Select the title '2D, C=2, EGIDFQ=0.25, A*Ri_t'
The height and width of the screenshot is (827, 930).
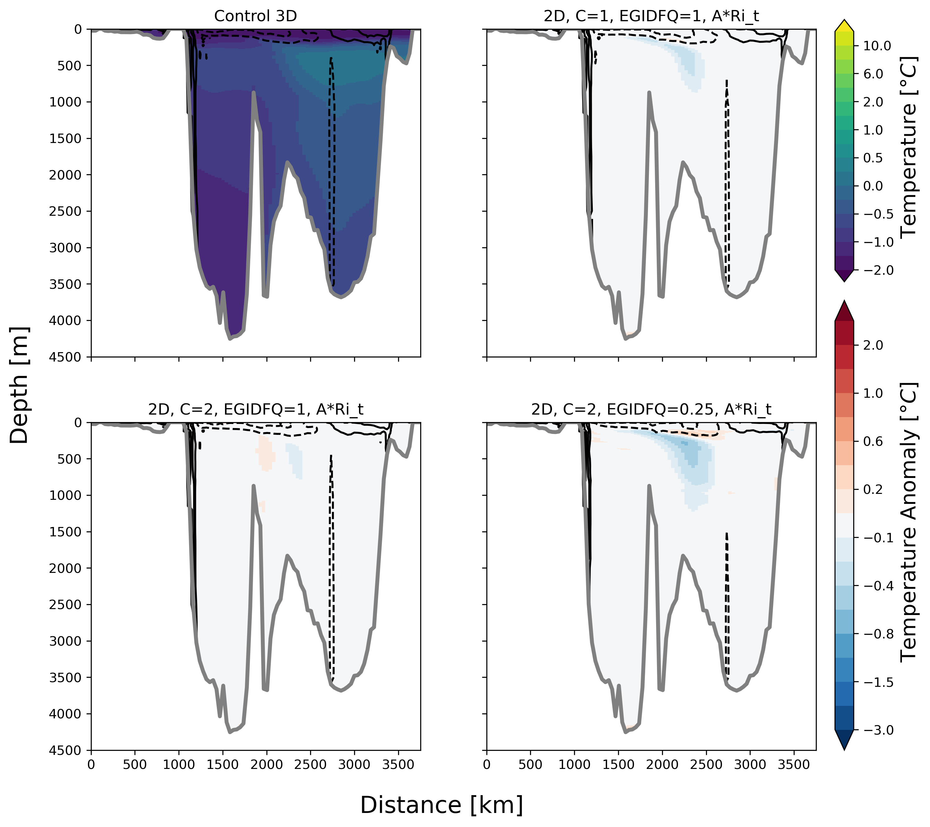point(651,409)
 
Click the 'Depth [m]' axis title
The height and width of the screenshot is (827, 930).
point(19,385)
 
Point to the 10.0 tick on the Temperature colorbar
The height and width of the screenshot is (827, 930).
point(877,46)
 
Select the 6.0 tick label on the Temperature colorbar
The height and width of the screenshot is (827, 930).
point(873,74)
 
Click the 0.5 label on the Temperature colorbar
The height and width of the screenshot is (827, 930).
point(873,158)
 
